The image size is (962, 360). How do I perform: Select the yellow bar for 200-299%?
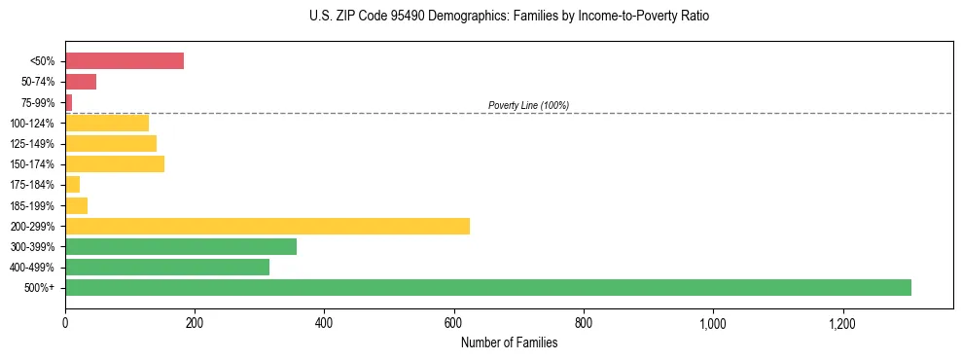point(267,226)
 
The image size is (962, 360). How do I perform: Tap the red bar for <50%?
point(125,61)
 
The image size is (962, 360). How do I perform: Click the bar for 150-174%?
point(115,163)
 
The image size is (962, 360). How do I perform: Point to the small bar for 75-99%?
point(69,102)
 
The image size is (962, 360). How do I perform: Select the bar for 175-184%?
point(73,184)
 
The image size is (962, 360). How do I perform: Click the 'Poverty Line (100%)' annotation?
point(528,105)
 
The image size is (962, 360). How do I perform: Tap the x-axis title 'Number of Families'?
point(509,342)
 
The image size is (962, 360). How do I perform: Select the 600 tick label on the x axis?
point(454,323)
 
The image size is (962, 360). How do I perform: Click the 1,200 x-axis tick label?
point(842,323)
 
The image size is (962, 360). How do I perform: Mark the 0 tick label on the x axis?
point(65,323)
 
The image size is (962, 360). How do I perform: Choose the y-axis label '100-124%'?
point(32,124)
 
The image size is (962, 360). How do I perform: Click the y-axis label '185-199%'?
point(32,205)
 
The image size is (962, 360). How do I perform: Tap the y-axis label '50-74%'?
point(36,83)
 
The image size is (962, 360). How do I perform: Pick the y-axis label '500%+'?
point(40,288)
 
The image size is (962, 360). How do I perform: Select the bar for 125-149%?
point(111,143)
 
